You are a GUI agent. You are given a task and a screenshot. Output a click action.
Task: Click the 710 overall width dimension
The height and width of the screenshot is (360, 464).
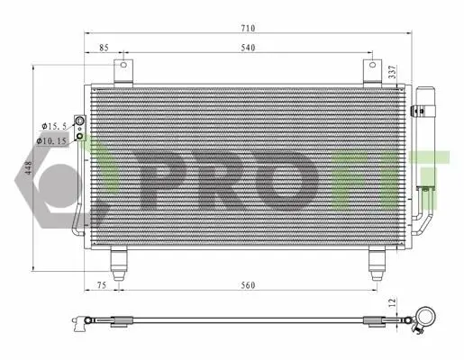coord(248,28)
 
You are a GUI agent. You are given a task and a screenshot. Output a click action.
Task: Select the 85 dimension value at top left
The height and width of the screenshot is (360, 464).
coord(104,48)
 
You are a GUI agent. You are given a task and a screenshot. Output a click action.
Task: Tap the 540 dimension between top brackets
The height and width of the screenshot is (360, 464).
coord(248,48)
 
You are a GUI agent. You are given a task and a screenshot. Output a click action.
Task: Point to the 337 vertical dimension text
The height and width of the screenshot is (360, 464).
coord(393,72)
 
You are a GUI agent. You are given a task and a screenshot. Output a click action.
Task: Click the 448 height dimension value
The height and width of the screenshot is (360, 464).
coord(28,168)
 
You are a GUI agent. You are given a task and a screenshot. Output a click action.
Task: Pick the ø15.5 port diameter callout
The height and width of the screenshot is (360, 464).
coord(54,126)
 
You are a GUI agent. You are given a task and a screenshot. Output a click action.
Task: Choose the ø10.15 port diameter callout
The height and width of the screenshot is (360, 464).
coord(51,140)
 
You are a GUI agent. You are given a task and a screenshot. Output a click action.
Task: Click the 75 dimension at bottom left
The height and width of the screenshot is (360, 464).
coord(102,285)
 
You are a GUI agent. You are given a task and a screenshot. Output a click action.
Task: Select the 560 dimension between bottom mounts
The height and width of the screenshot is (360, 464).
coord(248,285)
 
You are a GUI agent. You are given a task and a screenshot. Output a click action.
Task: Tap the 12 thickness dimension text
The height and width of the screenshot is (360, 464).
coord(393,302)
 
